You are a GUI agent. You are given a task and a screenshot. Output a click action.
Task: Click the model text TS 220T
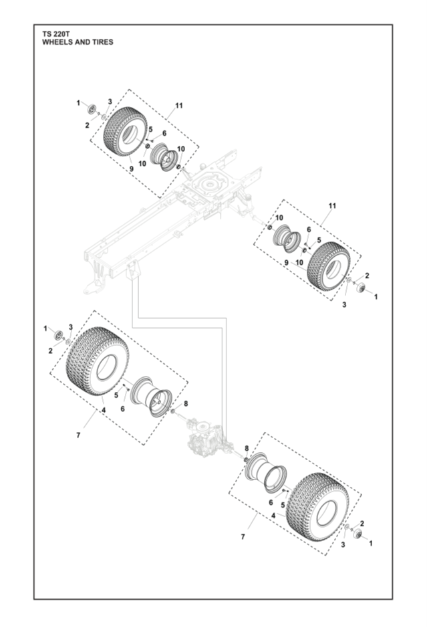55,35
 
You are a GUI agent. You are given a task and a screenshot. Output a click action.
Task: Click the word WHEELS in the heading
56,42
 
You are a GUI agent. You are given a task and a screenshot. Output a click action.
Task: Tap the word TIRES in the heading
101,42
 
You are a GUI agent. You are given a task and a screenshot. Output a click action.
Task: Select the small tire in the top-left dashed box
124,131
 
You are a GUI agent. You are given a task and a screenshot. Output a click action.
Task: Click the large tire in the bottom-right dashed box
318,507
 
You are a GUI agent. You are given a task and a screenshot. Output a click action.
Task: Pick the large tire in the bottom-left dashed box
98,360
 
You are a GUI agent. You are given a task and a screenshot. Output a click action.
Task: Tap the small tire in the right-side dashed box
329,266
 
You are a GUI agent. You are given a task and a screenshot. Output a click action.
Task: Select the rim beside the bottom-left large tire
152,397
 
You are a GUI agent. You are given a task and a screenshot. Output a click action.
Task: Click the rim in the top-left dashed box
164,156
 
